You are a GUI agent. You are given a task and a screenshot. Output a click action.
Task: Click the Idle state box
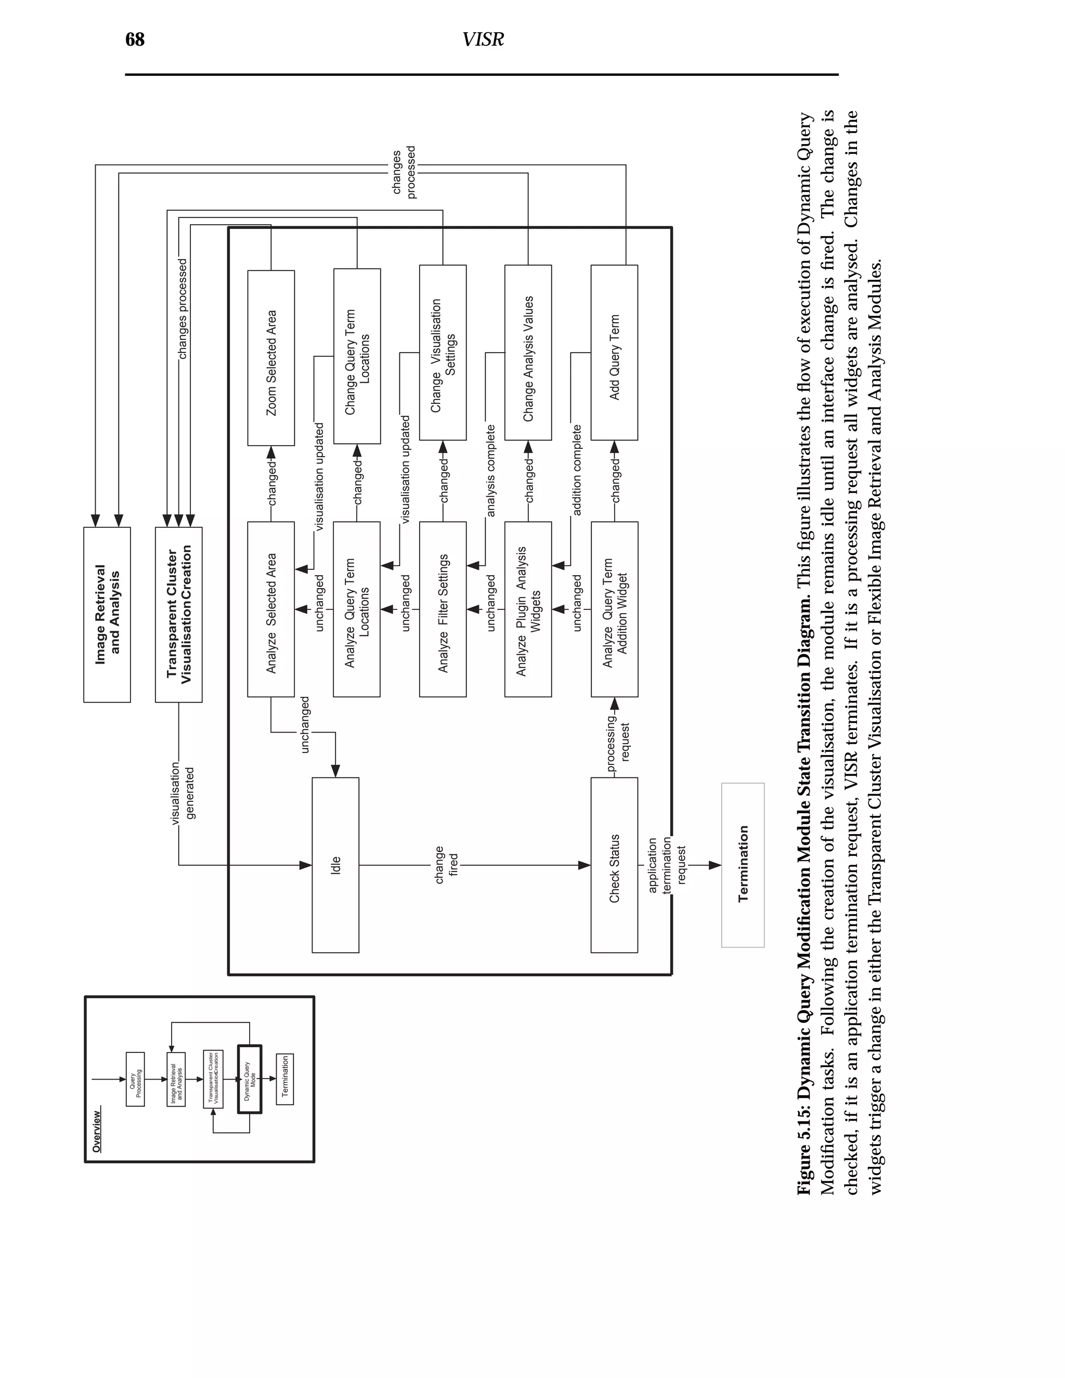[335, 865]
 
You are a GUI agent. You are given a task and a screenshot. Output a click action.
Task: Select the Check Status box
[614, 865]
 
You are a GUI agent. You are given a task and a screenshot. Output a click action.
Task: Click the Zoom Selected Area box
[270, 358]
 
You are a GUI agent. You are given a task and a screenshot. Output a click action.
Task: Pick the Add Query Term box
[614, 353]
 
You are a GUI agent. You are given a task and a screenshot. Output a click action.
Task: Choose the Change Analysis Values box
[528, 353]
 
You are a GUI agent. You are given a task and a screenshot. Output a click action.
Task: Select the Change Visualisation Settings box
[443, 353]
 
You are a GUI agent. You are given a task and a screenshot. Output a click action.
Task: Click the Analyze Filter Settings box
[443, 609]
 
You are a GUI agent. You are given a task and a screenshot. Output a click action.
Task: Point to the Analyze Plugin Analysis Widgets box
[528, 609]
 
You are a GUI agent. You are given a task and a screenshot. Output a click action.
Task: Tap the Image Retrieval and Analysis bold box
[107, 615]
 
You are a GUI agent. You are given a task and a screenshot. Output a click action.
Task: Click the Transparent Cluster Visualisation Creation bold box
[178, 615]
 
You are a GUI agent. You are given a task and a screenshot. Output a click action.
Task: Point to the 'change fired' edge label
[446, 865]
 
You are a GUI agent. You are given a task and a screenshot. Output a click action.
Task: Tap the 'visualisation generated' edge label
[183, 793]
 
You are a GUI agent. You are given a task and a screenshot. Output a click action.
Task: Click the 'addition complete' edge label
[577, 470]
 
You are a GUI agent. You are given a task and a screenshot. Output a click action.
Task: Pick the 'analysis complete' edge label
[491, 471]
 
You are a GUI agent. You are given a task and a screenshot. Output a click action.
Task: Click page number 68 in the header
[135, 40]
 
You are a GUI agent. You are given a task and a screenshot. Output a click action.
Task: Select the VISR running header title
[483, 40]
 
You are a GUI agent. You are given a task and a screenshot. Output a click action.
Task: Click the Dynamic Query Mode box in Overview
[249, 1080]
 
